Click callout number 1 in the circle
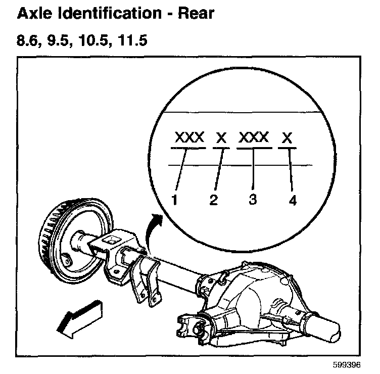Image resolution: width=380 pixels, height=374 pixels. click(x=174, y=200)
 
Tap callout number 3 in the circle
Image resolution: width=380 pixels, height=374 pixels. click(x=253, y=199)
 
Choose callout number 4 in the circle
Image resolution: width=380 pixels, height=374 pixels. click(x=292, y=200)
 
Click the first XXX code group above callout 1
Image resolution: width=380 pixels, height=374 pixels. click(x=189, y=137)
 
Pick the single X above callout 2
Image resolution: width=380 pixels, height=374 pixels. click(x=221, y=137)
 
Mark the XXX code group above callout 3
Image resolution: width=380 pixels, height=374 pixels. click(x=253, y=137)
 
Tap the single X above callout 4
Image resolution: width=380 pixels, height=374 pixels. click(x=288, y=137)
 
